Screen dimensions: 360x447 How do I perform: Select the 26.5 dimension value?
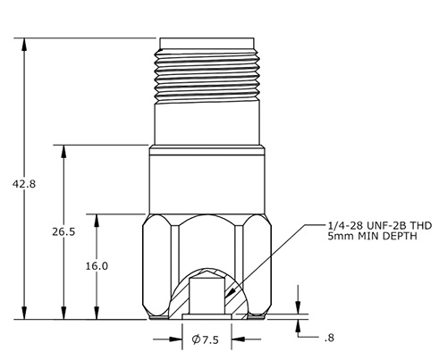pos(63,231)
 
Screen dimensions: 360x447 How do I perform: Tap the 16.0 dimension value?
pos(96,266)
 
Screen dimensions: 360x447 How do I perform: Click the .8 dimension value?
pos(329,338)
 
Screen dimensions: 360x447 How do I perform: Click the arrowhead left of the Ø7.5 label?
pos(179,339)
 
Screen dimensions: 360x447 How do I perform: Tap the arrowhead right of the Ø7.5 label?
pos(236,339)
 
